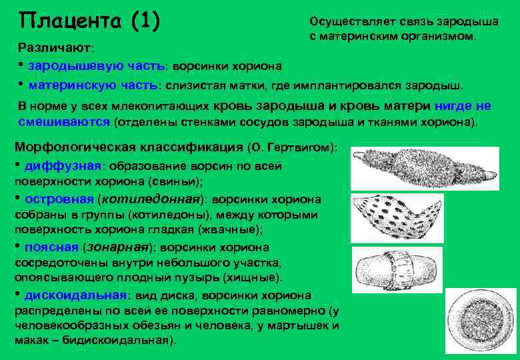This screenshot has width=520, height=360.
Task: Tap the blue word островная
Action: [59, 199]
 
